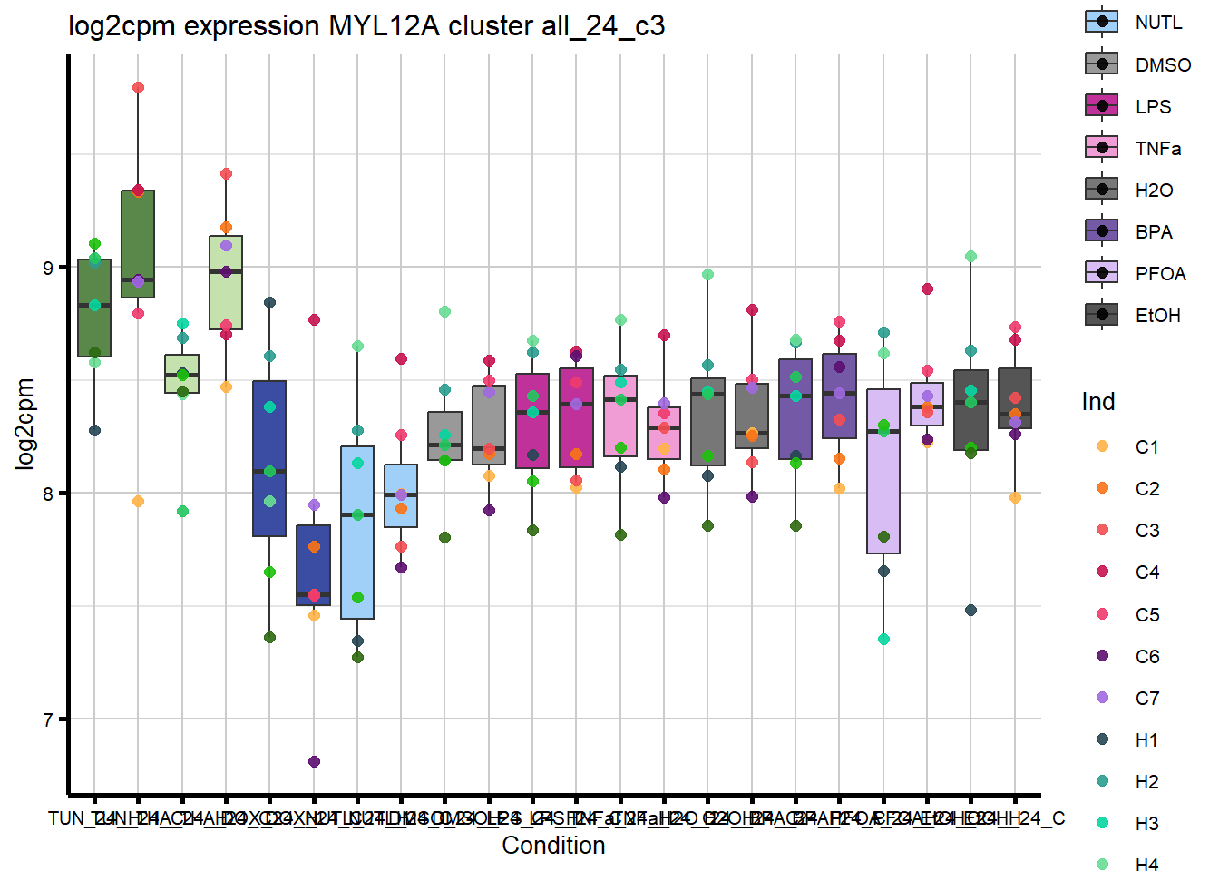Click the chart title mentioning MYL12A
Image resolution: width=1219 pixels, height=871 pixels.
366,25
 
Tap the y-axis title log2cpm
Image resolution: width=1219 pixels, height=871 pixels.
24,424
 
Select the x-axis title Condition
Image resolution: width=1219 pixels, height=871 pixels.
553,845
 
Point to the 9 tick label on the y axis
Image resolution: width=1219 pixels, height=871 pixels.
49,268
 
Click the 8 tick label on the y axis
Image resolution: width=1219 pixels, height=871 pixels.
49,494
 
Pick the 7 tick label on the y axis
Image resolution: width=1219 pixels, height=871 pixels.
49,719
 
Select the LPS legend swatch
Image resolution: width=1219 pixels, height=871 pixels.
1101,106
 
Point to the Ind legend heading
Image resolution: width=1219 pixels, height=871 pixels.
1097,402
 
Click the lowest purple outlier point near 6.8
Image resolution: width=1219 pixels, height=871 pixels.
314,761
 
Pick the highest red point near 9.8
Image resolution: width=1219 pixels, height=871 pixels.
138,88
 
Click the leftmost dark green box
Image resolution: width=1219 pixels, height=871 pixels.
94,308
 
